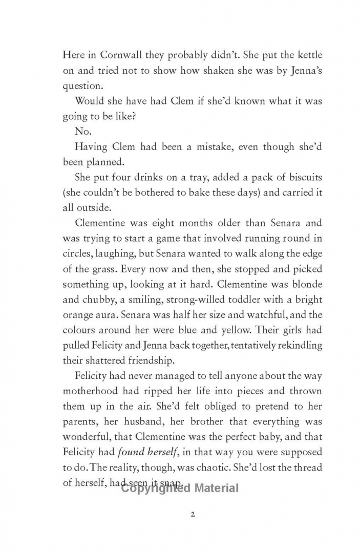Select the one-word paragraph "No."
pyautogui.click(x=82, y=131)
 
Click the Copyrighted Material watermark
pyautogui.click(x=180, y=488)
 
